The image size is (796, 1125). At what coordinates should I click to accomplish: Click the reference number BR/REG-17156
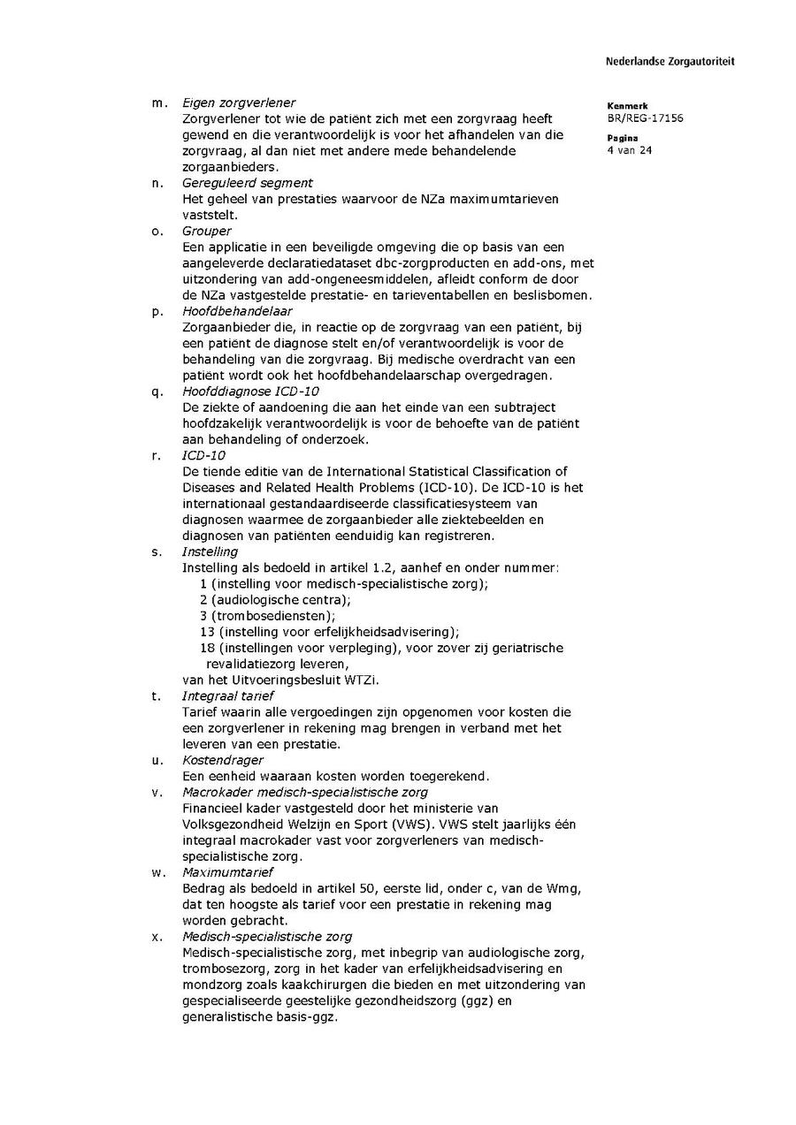[x=645, y=118]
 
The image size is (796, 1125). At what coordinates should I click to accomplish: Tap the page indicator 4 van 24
[x=630, y=150]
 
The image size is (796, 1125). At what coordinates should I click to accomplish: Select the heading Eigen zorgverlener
[x=239, y=103]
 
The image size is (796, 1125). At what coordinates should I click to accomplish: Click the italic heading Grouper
[x=207, y=232]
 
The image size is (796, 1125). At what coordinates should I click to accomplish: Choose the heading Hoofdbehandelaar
[x=238, y=311]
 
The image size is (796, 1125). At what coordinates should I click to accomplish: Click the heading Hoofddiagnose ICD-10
[x=251, y=391]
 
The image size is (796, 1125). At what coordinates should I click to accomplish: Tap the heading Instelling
[x=210, y=551]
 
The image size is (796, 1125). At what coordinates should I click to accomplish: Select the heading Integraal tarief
[x=228, y=696]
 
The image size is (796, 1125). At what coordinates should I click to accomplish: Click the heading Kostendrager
[x=223, y=760]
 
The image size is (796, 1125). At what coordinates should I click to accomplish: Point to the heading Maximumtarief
[x=228, y=872]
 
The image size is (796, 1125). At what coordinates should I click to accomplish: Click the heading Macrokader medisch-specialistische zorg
[x=305, y=792]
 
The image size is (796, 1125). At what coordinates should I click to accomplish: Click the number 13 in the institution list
[x=207, y=632]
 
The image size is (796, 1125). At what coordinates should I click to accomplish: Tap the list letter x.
[x=157, y=937]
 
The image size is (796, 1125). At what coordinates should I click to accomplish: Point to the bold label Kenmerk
[x=627, y=105]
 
